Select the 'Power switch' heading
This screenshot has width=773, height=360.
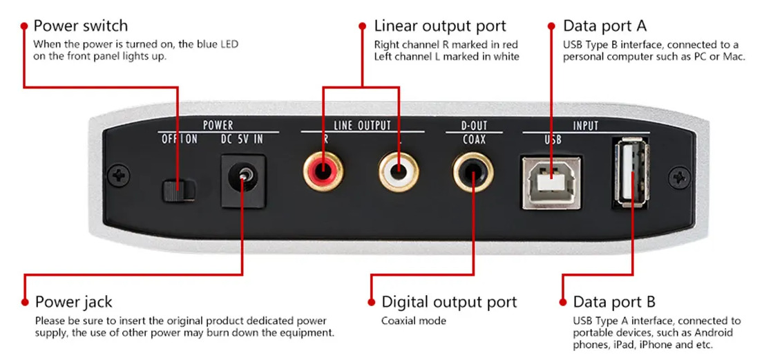tap(80, 26)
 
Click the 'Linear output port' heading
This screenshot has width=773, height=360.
tap(440, 26)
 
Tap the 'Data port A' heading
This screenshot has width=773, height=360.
tap(605, 26)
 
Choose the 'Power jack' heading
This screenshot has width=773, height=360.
tap(73, 302)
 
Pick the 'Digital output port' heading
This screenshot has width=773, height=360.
tap(448, 302)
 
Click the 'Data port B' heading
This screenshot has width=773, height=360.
tap(614, 302)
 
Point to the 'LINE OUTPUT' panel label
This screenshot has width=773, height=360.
tap(362, 125)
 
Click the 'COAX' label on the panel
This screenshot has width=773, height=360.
tap(474, 139)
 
